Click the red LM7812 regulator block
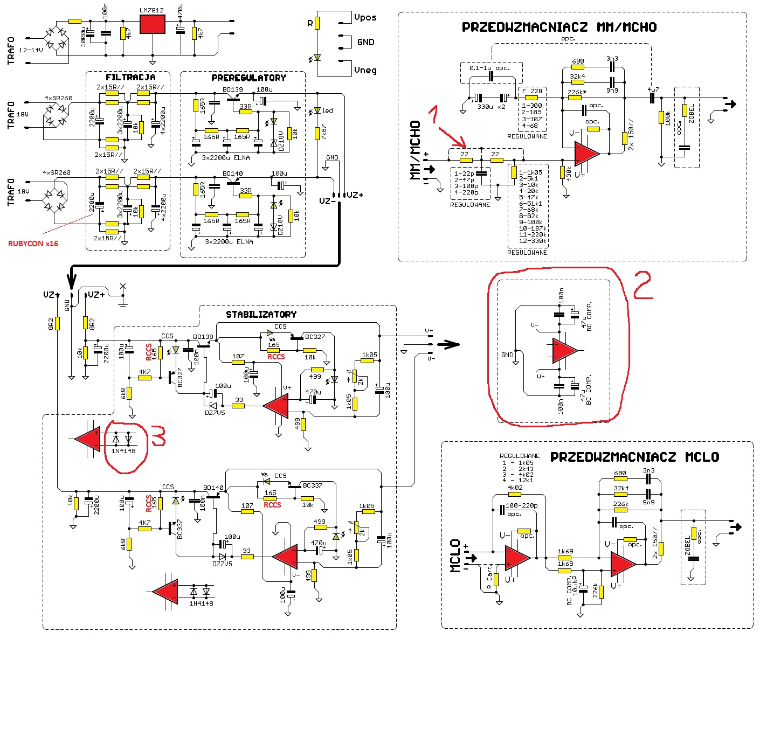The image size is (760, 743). [153, 24]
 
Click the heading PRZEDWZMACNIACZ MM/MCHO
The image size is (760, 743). [559, 27]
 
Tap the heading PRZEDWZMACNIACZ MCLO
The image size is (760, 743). [634, 457]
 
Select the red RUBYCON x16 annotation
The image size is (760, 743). [33, 244]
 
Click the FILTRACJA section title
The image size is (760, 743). [130, 78]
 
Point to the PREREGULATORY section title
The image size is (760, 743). [248, 78]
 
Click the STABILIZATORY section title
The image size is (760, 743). [261, 314]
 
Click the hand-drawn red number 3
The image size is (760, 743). [157, 436]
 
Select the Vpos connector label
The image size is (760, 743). [365, 18]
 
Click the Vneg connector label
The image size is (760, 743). [365, 70]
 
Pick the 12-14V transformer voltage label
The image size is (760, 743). [31, 50]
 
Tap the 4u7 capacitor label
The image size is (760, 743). [653, 89]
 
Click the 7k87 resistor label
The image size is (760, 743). [324, 133]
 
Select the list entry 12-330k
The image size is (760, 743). [533, 241]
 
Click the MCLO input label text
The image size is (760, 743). [455, 555]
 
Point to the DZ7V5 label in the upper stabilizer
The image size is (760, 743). [215, 413]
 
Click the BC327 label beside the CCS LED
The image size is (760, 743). [315, 337]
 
